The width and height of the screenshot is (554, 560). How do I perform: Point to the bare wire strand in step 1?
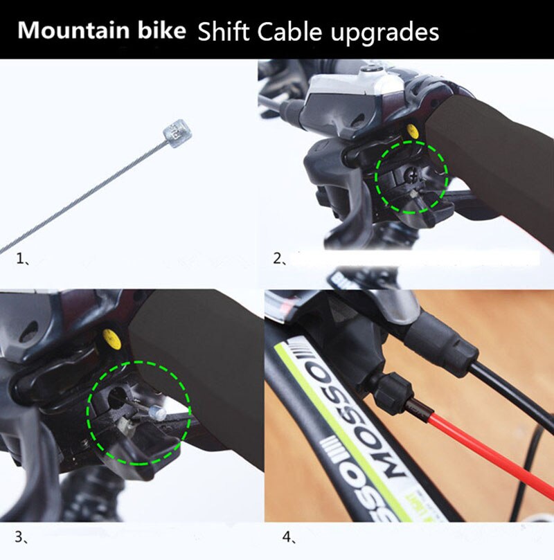(x=83, y=193)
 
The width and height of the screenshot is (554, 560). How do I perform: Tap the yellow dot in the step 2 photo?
(x=413, y=130)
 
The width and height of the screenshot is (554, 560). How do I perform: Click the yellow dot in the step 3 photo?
(x=109, y=337)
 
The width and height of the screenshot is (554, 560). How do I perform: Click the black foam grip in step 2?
(x=499, y=159)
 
